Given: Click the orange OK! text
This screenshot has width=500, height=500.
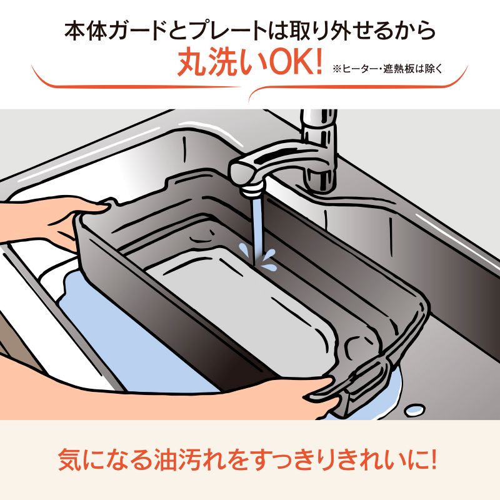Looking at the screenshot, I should [x=290, y=64].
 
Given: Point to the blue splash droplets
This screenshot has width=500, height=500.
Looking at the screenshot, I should [x=269, y=259].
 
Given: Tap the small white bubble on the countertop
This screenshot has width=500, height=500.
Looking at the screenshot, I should [x=413, y=410].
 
